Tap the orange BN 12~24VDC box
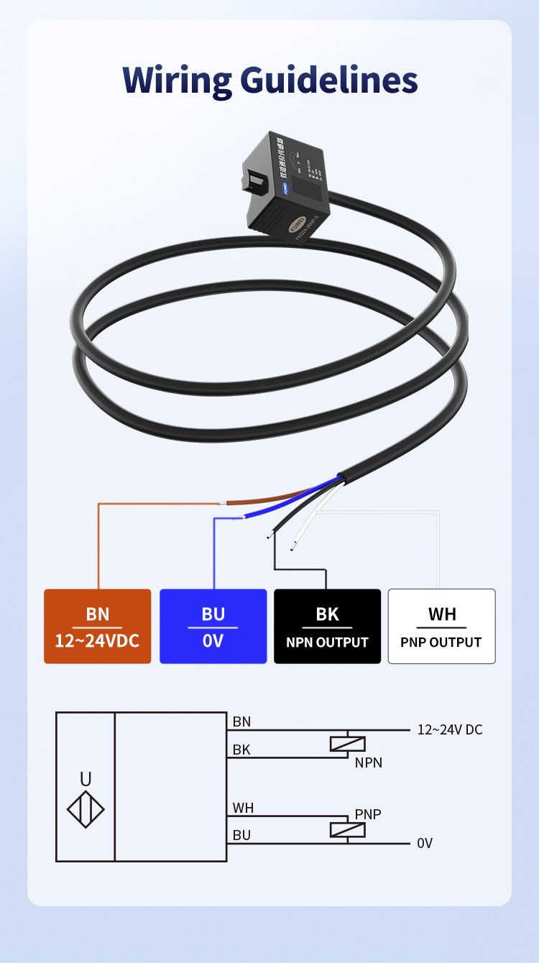click(x=98, y=626)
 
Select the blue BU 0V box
click(x=213, y=626)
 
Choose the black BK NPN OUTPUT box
click(x=327, y=626)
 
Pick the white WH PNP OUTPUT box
click(x=441, y=626)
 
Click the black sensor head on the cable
click(x=287, y=187)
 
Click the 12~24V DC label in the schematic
click(x=450, y=730)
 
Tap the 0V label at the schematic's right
click(x=425, y=843)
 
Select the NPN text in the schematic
click(x=368, y=762)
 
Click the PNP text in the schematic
click(x=368, y=814)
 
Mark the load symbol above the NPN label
click(x=348, y=745)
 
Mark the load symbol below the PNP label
click(x=348, y=830)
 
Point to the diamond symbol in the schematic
click(x=86, y=810)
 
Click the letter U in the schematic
click(x=86, y=779)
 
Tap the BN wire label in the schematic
click(x=241, y=722)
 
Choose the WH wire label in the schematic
click(x=243, y=808)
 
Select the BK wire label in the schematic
click(x=241, y=750)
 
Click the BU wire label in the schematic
click(x=241, y=835)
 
